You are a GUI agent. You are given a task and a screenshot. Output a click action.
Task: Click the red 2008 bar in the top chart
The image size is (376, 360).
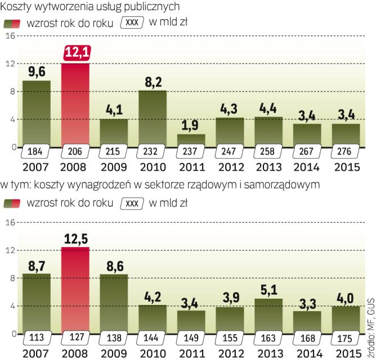(x=75, y=104)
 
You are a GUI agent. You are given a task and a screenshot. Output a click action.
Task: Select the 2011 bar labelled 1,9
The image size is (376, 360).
(x=191, y=139)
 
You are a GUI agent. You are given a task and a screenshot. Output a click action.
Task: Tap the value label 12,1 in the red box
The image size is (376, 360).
(x=75, y=53)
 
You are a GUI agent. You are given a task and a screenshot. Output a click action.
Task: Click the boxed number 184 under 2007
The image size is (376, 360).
(x=37, y=152)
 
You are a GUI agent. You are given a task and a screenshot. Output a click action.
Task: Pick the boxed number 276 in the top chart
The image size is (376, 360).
(x=346, y=152)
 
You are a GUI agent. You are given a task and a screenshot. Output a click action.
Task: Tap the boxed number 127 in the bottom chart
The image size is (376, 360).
(x=75, y=339)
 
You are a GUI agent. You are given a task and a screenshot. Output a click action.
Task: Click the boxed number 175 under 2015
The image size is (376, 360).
(x=346, y=339)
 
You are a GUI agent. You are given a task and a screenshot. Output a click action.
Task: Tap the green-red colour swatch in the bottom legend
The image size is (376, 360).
(x=20, y=203)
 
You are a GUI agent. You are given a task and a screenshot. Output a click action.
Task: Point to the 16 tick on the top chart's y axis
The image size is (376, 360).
(x=8, y=36)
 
